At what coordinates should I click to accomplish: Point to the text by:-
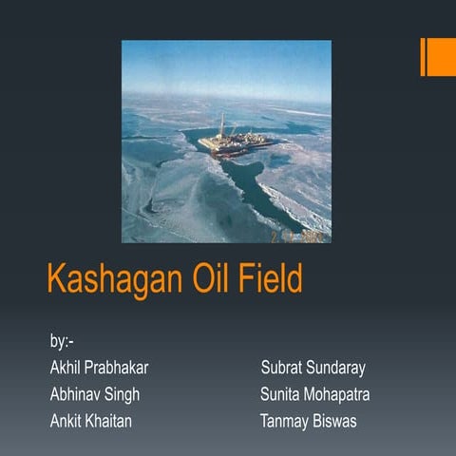63,340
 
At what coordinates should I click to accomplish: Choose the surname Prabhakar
118,367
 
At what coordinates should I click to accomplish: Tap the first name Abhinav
77,393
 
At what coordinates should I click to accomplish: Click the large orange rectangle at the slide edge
442,57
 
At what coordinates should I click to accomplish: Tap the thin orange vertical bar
423,57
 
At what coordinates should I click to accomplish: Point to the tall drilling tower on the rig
222,126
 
